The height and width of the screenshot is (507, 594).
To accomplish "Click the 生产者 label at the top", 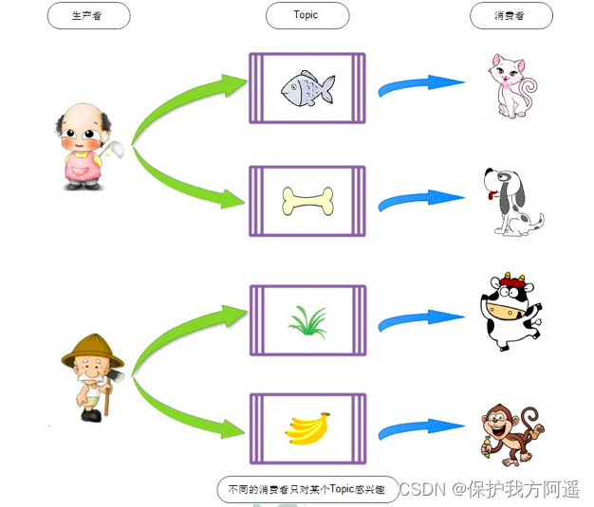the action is [x=88, y=15].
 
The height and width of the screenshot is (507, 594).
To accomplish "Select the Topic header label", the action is [x=306, y=15].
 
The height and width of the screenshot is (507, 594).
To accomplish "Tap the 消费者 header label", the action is [x=510, y=15].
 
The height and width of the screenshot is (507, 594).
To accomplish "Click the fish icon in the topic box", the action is [x=307, y=87].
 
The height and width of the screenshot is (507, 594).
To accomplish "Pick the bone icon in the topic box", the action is [x=307, y=201].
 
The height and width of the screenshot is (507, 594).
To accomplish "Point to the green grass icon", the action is [x=307, y=320].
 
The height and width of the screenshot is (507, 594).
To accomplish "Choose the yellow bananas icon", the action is [x=307, y=428].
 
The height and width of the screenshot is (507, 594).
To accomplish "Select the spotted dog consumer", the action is [x=512, y=201].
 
